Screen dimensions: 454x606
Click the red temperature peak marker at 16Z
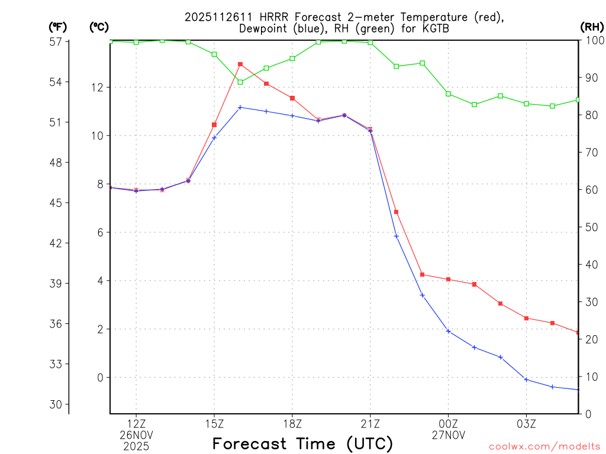[x=240, y=64]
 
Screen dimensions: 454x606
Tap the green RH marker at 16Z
[x=240, y=82]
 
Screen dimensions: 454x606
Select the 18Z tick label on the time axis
[x=292, y=424]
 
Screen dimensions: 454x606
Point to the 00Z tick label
[x=449, y=424]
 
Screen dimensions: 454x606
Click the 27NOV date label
[x=449, y=435]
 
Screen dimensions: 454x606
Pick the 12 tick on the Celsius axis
[x=96, y=87]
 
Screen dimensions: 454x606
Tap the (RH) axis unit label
[x=592, y=27]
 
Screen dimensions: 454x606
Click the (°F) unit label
[x=57, y=27]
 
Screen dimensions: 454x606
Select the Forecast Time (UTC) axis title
[x=302, y=443]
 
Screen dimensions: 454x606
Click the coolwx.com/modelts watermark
[x=544, y=447]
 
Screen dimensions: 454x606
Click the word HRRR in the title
[x=272, y=17]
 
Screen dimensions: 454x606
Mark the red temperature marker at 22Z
[x=397, y=212]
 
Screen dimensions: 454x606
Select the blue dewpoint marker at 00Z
[x=449, y=331]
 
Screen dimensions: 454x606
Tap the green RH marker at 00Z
[x=449, y=94]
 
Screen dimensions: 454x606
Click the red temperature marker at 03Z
[x=526, y=318]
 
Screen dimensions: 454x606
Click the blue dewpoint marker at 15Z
[x=214, y=137]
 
